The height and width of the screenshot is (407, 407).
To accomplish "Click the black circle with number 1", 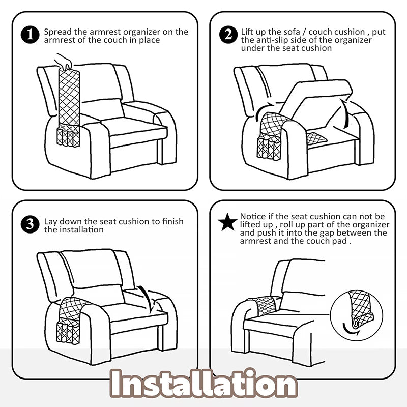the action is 30,35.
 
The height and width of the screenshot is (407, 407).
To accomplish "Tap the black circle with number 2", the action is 228,35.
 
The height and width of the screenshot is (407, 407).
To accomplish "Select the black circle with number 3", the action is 30,224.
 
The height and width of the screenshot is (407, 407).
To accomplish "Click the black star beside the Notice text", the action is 227,222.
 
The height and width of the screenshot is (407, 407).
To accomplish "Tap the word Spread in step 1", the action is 57,32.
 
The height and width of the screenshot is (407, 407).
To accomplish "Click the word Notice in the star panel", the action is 253,216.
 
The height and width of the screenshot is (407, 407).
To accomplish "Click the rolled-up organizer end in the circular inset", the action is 356,323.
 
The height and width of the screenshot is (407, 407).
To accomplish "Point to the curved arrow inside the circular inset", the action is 350,331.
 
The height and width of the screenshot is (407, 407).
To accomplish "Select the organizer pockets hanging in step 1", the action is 68,137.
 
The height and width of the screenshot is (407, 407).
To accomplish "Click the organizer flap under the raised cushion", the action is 316,138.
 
